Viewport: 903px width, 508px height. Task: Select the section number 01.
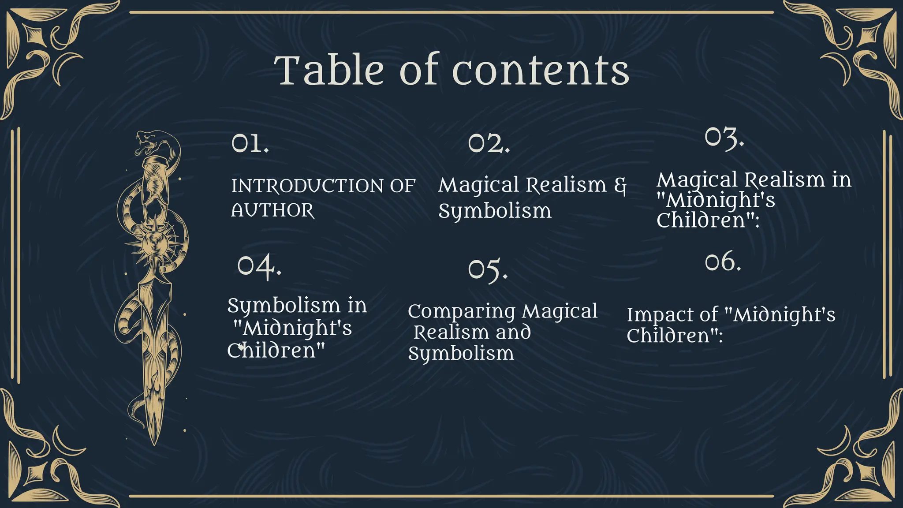pyautogui.click(x=250, y=143)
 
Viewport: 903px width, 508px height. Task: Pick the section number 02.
pyautogui.click(x=489, y=143)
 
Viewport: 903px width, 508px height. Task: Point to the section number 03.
pyautogui.click(x=724, y=138)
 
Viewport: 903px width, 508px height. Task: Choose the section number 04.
pyautogui.click(x=259, y=266)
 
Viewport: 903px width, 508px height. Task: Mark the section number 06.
pyautogui.click(x=723, y=262)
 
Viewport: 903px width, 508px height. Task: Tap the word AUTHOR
pyautogui.click(x=273, y=210)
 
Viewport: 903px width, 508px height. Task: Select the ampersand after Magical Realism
pyautogui.click(x=620, y=186)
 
